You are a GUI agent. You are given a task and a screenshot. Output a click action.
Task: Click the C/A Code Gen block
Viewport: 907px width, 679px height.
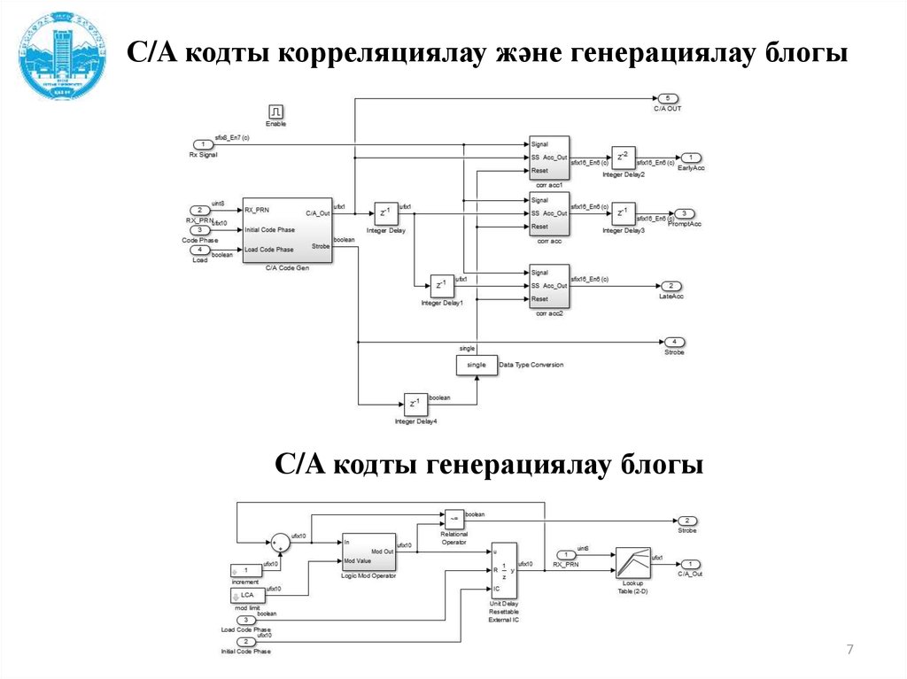click(286, 230)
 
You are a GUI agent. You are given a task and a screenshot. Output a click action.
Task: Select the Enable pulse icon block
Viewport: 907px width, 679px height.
click(275, 112)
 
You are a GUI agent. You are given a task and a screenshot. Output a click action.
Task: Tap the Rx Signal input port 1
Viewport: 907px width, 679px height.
click(203, 143)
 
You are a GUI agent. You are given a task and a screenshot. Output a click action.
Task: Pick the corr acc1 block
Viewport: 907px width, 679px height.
click(549, 157)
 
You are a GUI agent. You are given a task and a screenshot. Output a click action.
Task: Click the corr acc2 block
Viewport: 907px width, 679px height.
click(549, 285)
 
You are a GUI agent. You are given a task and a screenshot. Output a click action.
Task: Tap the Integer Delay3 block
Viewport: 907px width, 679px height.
click(624, 213)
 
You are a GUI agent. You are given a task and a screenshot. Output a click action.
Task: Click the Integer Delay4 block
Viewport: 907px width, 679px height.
click(415, 405)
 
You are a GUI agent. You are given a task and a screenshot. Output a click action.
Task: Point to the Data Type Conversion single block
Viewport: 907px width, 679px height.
click(476, 365)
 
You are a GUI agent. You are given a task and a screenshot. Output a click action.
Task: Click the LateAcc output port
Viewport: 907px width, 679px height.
click(671, 286)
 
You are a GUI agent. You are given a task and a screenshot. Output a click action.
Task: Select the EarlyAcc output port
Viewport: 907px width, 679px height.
click(688, 158)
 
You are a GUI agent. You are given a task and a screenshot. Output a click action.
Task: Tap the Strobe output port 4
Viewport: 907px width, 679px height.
click(674, 341)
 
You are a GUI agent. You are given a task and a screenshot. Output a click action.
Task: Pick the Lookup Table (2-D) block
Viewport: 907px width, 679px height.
click(632, 563)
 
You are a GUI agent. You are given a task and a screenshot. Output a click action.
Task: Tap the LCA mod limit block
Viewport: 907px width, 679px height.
click(245, 596)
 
